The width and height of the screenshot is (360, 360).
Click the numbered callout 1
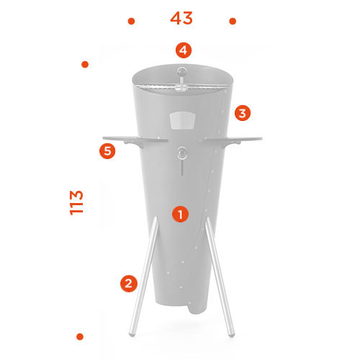click(180, 214)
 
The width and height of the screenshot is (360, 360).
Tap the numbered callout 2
click(129, 284)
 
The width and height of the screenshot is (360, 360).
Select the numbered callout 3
click(243, 113)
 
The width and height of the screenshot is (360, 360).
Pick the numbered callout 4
click(184, 50)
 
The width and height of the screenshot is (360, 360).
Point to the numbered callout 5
click(107, 151)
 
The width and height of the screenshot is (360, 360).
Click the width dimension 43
click(181, 18)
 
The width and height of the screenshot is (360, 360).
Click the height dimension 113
click(76, 203)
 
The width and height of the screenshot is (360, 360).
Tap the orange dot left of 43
click(131, 22)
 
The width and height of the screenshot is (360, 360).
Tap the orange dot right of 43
click(233, 22)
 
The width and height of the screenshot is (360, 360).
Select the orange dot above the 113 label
click(85, 64)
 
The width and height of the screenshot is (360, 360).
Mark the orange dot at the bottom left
click(80, 337)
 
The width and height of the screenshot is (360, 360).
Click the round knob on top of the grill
click(182, 71)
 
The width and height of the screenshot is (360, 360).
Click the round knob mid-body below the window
click(182, 153)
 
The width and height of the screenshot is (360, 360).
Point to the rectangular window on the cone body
click(183, 120)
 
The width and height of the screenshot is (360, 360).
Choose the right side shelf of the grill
click(231, 140)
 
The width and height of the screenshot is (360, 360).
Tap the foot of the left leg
click(132, 333)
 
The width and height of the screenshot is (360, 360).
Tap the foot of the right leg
click(231, 334)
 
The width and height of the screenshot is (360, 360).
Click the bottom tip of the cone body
click(197, 311)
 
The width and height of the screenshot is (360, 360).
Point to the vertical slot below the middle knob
click(182, 167)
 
